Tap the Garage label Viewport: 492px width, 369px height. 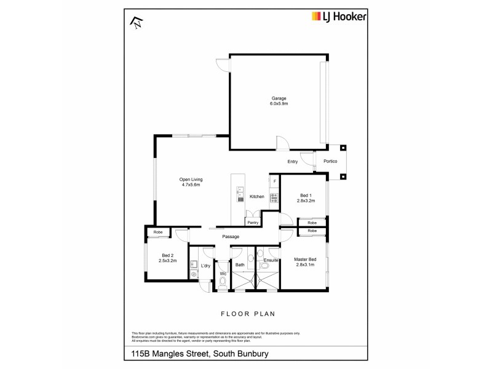pyautogui.click(x=279, y=98)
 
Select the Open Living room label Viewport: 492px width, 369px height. pyautogui.click(x=191, y=180)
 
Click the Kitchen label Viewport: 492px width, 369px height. pyautogui.click(x=257, y=197)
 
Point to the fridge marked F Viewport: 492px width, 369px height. pyautogui.click(x=274, y=181)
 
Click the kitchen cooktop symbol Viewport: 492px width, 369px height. pyautogui.click(x=274, y=197)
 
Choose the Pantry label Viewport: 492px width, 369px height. pyautogui.click(x=253, y=223)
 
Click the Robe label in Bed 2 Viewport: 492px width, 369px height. pyautogui.click(x=158, y=232)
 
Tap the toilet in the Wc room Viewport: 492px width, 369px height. pyautogui.click(x=223, y=282)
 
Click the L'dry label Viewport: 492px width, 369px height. pyautogui.click(x=206, y=266)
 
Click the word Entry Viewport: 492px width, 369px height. pyautogui.click(x=293, y=162)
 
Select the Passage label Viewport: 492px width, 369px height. pyautogui.click(x=231, y=237)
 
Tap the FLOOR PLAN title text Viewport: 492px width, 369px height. pyautogui.click(x=246, y=314)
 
